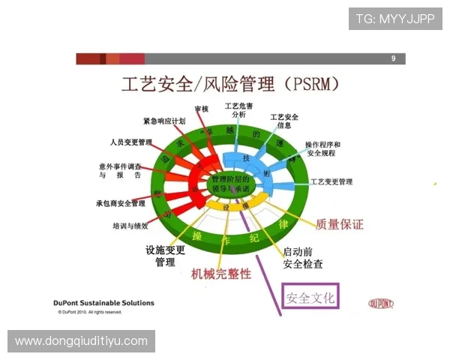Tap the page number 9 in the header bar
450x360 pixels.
[393, 58]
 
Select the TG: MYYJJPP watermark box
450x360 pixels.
[395, 18]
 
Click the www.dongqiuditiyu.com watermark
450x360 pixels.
[81, 341]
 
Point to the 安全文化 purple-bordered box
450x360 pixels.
[310, 298]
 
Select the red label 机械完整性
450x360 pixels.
[221, 274]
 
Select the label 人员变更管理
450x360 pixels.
[130, 141]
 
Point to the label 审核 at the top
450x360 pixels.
[201, 109]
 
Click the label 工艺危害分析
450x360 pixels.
[238, 109]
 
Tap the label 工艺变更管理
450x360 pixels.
[331, 181]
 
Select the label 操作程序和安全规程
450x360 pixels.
[322, 148]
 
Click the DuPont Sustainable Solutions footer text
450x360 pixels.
[104, 303]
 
